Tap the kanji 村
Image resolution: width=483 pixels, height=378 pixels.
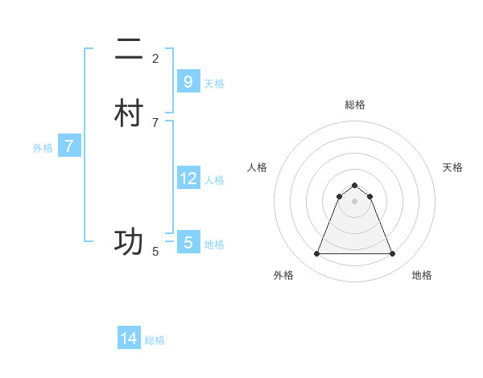point(129,113)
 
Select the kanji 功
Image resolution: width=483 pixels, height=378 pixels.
point(129,242)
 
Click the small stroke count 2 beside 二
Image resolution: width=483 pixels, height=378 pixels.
point(155,58)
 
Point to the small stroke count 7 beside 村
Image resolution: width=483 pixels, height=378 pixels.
point(155,122)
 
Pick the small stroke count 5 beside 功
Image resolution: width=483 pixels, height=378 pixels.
point(155,251)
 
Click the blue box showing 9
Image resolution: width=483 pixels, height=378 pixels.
point(188,82)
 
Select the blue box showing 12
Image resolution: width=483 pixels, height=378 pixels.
point(188,179)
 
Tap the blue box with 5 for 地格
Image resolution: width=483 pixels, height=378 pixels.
point(188,243)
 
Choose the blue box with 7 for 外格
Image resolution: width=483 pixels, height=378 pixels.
point(69,146)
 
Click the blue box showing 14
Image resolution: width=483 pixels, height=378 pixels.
point(129,339)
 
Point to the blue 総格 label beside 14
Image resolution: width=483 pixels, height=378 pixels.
point(155,340)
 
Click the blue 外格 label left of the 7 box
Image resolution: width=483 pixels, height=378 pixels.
point(43,147)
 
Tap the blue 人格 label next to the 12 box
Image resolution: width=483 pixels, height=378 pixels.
point(214,179)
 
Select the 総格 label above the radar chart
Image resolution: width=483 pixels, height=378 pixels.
point(354,105)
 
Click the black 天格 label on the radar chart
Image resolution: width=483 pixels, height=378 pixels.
point(452,167)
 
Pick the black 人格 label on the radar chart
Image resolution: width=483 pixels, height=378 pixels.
point(257,167)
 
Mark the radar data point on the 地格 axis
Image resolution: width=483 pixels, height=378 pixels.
point(392,254)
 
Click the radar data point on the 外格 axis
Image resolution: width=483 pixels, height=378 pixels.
point(316,254)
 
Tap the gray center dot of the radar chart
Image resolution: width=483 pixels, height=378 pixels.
point(354,202)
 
